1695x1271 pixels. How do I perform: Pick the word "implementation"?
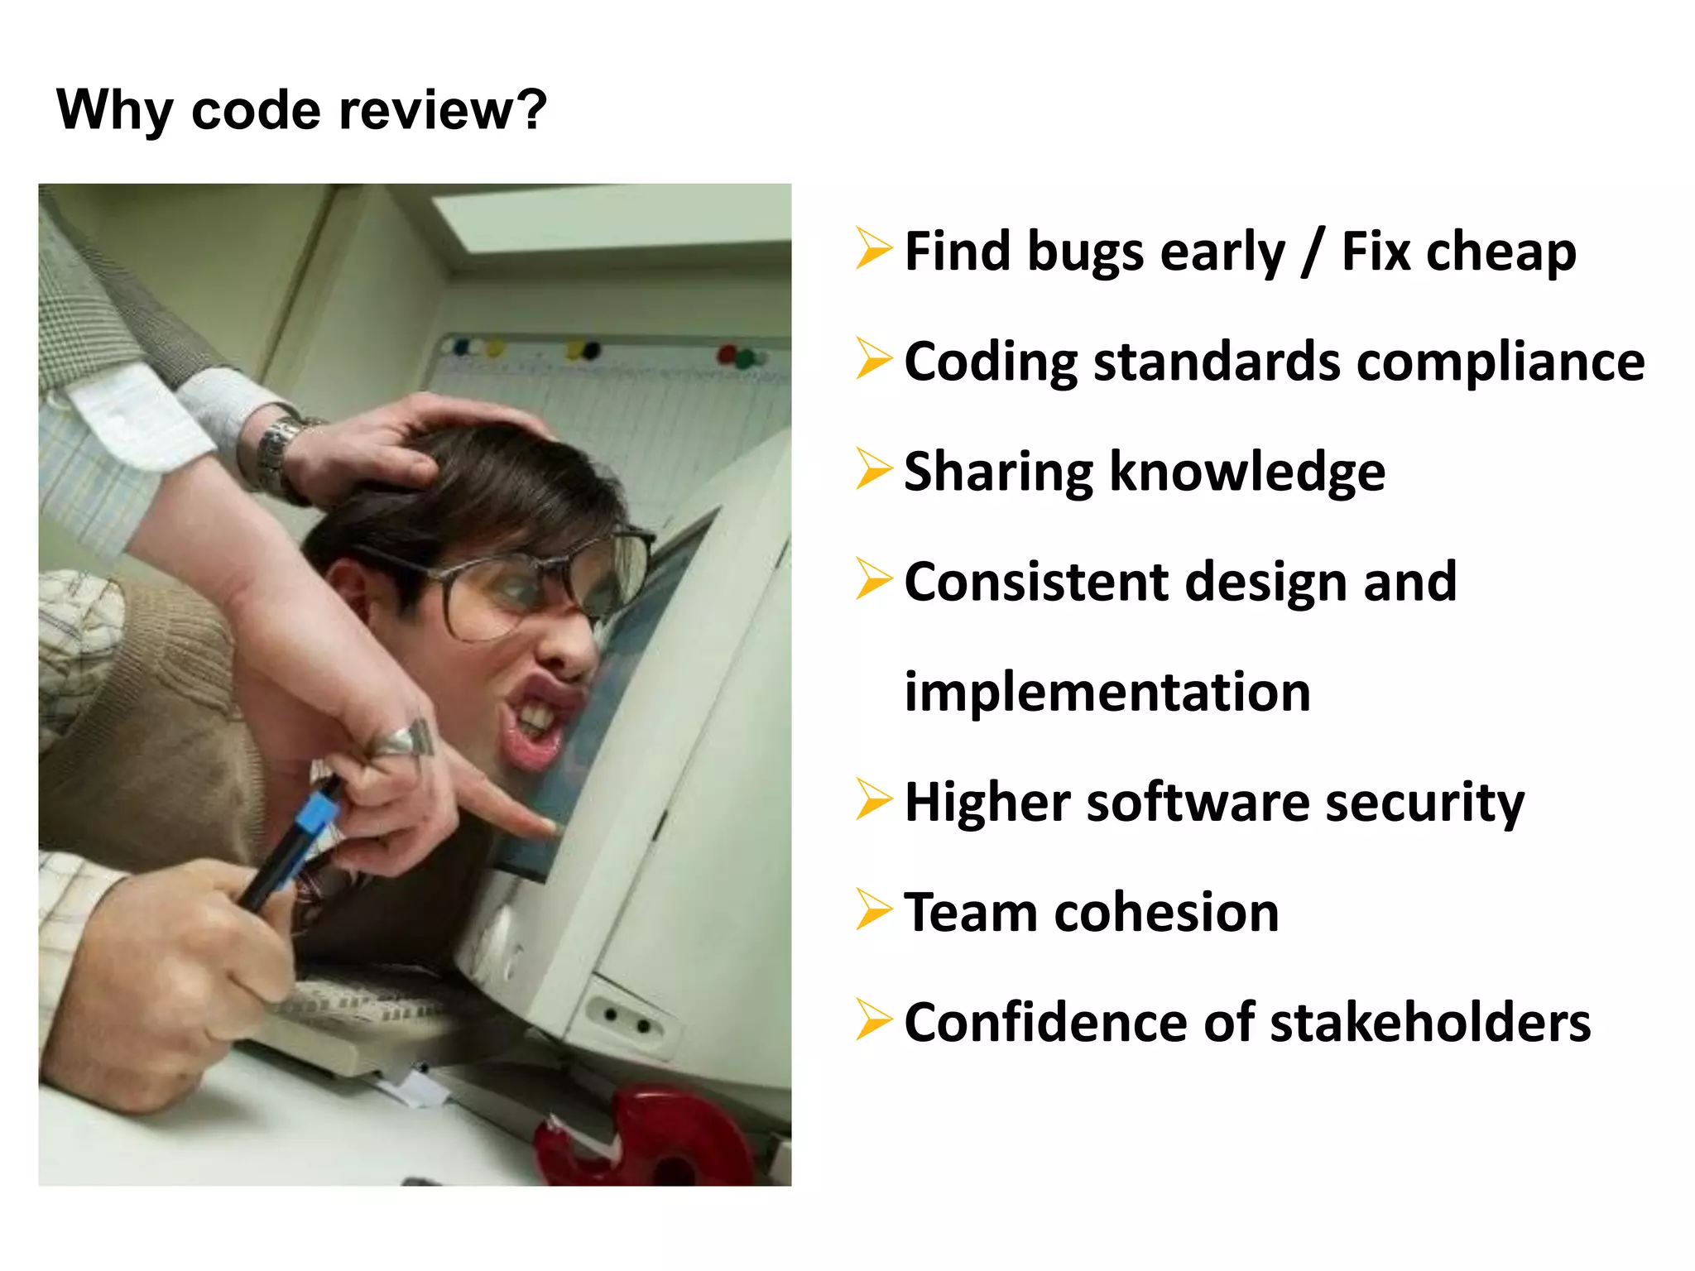1107,692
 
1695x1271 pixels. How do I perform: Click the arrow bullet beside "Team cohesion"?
873,910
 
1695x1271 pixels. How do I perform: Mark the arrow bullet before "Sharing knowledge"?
873,469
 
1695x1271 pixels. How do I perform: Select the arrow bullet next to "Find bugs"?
873,249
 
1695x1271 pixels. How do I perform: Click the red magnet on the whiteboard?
726,354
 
